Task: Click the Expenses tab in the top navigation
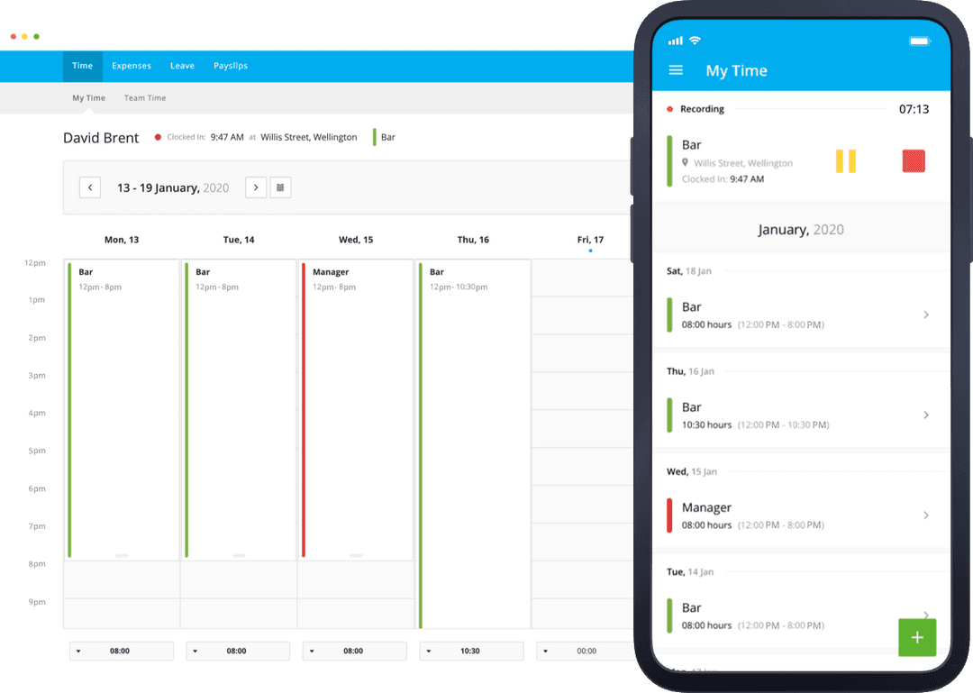click(x=132, y=66)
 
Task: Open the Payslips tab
click(x=231, y=66)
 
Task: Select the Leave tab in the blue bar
click(x=182, y=66)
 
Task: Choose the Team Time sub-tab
click(x=145, y=98)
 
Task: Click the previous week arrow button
click(x=90, y=187)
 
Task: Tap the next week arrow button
click(x=256, y=187)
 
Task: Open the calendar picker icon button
click(x=280, y=187)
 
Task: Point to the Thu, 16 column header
click(x=473, y=240)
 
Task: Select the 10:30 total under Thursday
click(x=470, y=651)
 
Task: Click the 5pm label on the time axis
click(x=37, y=451)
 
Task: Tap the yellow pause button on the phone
click(x=845, y=161)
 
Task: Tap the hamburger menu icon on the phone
click(x=676, y=70)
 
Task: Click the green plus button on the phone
click(x=917, y=637)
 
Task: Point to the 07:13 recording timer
click(x=914, y=109)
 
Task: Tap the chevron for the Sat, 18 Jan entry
click(x=926, y=315)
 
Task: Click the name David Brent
click(x=101, y=138)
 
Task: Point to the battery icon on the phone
click(x=919, y=41)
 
